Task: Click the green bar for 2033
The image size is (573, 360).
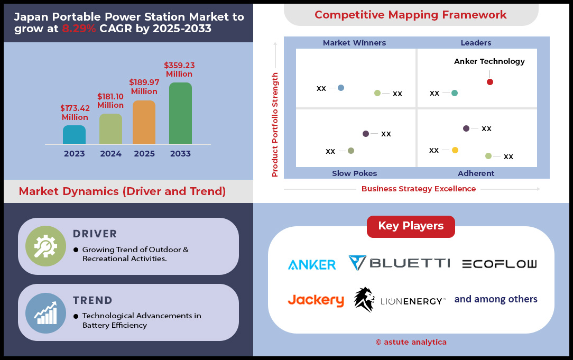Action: point(181,113)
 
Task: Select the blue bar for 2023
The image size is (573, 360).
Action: point(74,134)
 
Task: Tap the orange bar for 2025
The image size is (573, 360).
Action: point(144,122)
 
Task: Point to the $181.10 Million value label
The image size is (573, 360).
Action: point(110,101)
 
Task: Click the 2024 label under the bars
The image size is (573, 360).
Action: point(110,154)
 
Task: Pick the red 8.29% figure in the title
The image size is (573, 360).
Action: point(79,29)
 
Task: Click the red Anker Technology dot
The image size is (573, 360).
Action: point(490,82)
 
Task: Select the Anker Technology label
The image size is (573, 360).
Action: point(489,61)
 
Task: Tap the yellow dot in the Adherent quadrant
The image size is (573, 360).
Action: point(455,150)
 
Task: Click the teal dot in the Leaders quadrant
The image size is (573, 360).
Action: point(455,93)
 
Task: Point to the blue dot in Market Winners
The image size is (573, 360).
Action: point(341,88)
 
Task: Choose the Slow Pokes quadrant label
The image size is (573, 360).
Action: point(355,173)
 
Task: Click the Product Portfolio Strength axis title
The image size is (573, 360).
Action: point(275,125)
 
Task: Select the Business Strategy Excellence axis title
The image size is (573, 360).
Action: point(419,189)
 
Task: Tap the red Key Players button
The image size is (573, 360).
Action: point(411,226)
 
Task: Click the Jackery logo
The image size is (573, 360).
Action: point(316,300)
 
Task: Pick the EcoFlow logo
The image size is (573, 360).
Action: point(500,264)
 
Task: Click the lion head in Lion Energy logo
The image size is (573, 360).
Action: point(364,299)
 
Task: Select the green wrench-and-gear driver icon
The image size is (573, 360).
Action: point(45,246)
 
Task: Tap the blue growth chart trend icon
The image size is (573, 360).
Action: point(45,313)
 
